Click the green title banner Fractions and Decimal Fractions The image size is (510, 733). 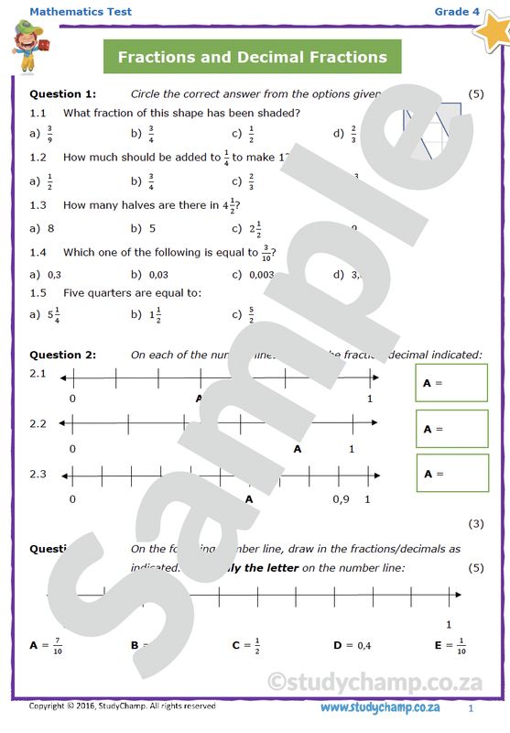(x=253, y=57)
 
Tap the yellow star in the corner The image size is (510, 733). (x=491, y=27)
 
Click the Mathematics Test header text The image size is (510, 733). (x=81, y=12)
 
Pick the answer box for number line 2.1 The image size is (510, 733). (x=451, y=383)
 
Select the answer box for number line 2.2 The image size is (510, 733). (x=451, y=428)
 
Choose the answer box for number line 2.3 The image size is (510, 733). (x=451, y=473)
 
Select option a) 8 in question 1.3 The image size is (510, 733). (x=43, y=227)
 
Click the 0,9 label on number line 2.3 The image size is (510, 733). (x=341, y=499)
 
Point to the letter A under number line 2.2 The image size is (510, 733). (x=297, y=449)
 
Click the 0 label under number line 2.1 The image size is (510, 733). (x=72, y=399)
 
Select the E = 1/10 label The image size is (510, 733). (x=450, y=645)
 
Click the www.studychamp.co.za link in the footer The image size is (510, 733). (x=380, y=707)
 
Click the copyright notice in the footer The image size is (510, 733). (x=123, y=706)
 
